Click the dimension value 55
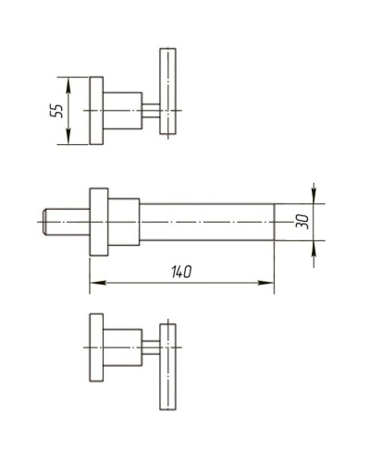click(x=57, y=110)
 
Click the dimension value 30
click(x=302, y=222)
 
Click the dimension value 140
click(x=181, y=273)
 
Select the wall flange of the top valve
click(x=96, y=110)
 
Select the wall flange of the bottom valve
click(x=96, y=348)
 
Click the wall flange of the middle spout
click(x=99, y=222)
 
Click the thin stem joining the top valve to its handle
click(x=150, y=110)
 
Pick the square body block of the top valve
click(x=121, y=110)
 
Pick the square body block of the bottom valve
click(x=121, y=348)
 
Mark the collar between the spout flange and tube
click(x=123, y=222)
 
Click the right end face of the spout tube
click(x=273, y=222)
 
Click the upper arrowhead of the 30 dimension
click(x=314, y=197)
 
